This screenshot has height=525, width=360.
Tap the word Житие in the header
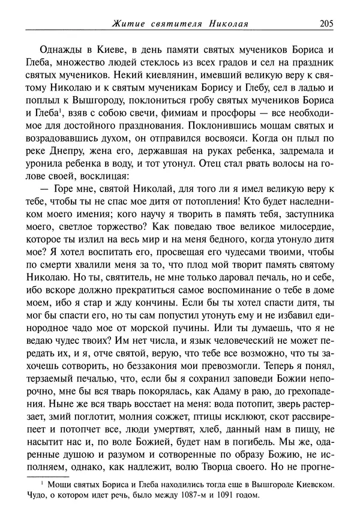(x=128, y=25)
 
